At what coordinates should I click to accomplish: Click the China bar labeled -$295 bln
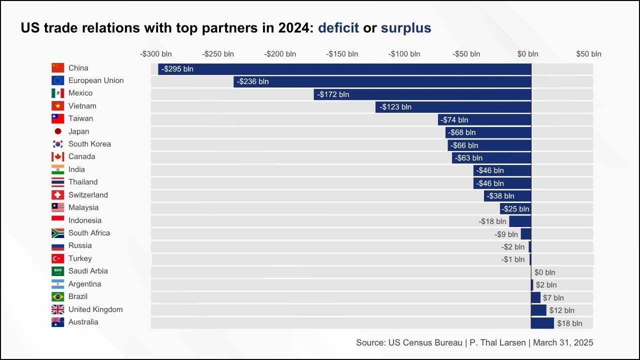point(344,69)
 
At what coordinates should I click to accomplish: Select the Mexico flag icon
point(58,93)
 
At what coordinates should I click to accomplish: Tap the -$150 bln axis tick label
point(342,54)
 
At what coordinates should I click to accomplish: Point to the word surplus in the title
point(405,28)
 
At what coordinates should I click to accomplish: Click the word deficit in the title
point(338,28)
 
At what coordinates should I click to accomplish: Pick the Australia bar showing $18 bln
point(542,323)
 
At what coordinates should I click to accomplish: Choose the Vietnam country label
point(82,106)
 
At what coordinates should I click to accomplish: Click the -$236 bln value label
point(253,81)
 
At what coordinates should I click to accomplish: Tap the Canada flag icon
point(58,157)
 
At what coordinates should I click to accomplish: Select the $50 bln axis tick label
point(588,54)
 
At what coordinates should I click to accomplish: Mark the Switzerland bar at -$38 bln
point(507,196)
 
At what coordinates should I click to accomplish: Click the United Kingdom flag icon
point(58,309)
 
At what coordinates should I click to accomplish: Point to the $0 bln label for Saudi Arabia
point(544,272)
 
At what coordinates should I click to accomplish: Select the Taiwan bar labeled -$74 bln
point(484,120)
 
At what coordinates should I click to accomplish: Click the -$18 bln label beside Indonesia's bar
point(492,221)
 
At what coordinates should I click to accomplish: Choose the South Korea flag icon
point(58,144)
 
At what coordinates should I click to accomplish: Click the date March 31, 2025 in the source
point(563,342)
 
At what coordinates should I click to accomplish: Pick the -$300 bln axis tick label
point(155,54)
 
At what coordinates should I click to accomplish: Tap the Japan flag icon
point(58,131)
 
